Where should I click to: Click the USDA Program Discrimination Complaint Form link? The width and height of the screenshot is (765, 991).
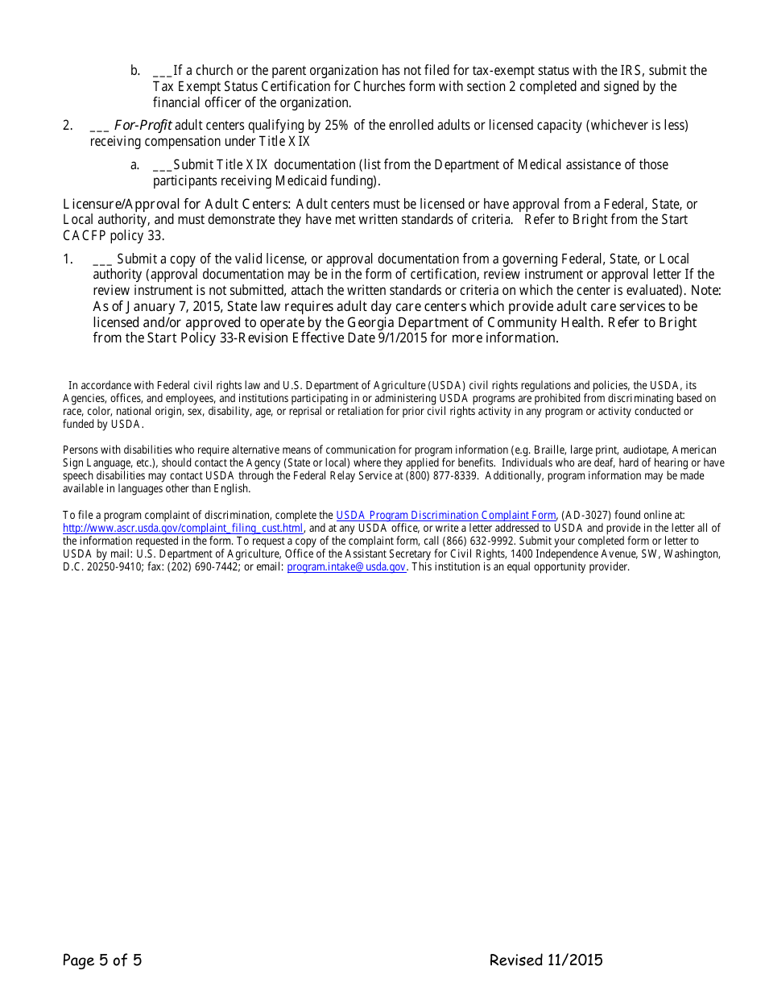445,515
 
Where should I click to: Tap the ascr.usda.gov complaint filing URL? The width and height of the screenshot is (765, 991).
183,528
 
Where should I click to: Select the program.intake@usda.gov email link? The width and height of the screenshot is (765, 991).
346,566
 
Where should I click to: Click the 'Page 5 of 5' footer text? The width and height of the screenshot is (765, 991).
102,960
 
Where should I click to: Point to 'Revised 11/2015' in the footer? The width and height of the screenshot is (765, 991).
545,960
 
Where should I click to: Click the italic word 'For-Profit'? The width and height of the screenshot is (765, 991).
143,125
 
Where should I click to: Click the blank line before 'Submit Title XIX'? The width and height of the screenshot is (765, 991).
161,164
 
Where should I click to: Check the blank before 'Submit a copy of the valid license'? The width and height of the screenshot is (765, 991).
102,259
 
